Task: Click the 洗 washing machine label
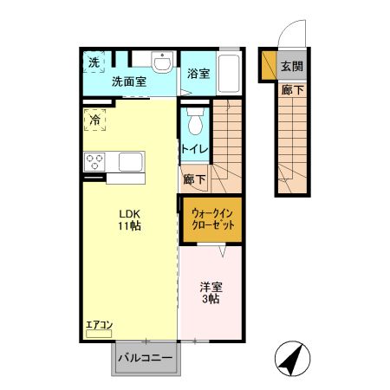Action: [x=92, y=62]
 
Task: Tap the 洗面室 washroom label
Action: [x=127, y=82]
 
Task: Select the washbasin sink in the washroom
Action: [x=161, y=64]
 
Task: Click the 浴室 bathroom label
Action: [x=198, y=75]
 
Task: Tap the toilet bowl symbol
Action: [x=195, y=120]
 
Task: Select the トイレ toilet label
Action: [x=192, y=149]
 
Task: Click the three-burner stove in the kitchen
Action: [x=95, y=162]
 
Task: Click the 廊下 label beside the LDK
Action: [x=195, y=180]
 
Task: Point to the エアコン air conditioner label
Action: [x=99, y=326]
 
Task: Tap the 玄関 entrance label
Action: [x=292, y=67]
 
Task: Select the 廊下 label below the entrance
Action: [x=291, y=89]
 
